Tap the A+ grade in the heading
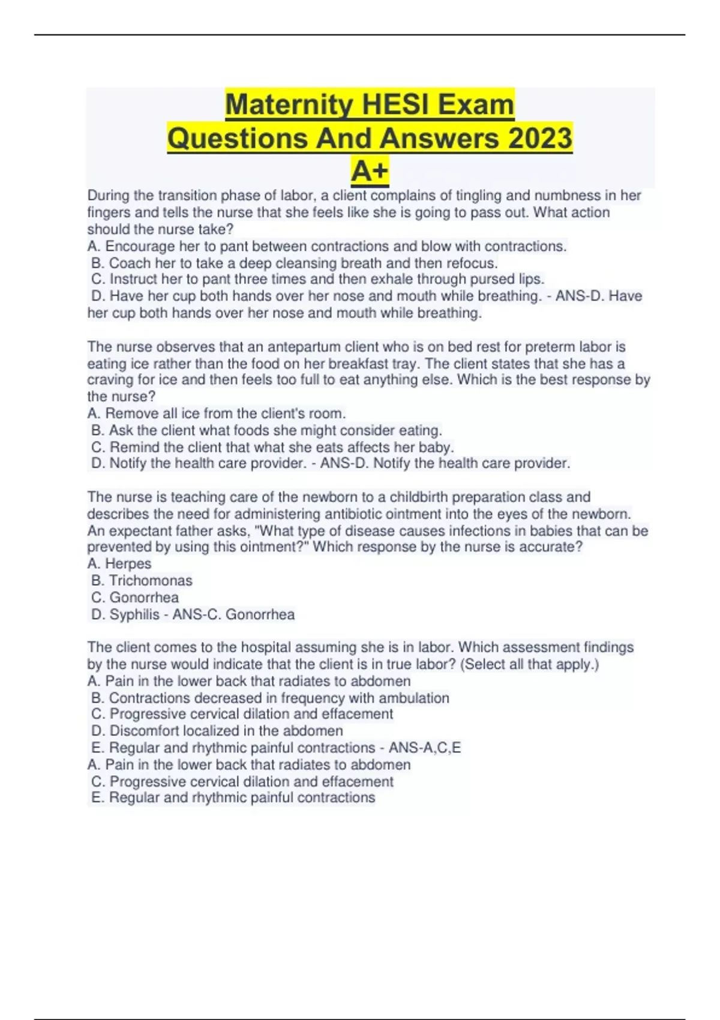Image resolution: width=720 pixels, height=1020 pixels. (x=370, y=172)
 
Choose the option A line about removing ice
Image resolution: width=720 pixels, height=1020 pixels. (x=217, y=413)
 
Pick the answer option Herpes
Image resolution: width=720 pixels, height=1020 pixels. (x=128, y=564)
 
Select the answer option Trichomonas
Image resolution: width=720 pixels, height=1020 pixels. (x=151, y=581)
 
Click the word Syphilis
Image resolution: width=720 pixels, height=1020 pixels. (x=135, y=614)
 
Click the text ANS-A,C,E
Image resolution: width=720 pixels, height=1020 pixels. (x=425, y=748)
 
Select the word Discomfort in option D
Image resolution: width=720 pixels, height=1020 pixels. (x=144, y=731)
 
